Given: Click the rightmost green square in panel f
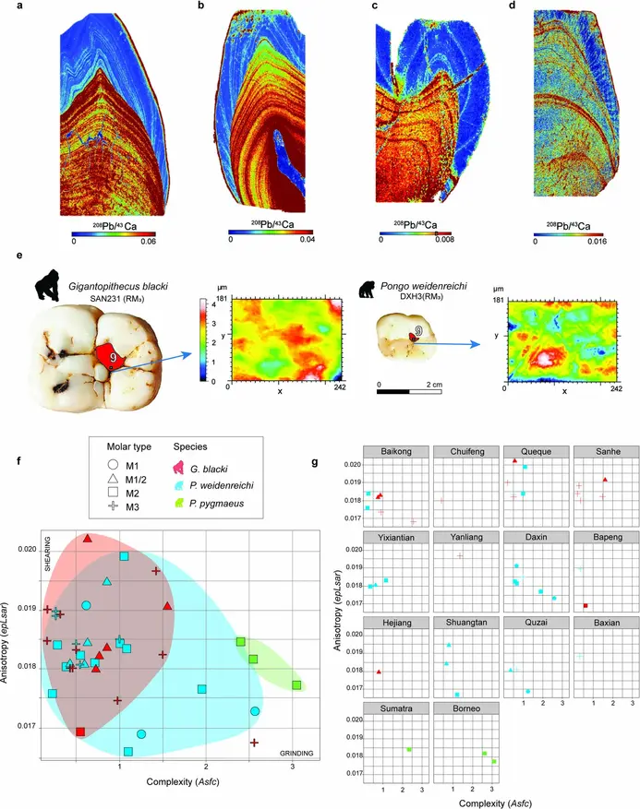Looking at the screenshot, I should [297, 685].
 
